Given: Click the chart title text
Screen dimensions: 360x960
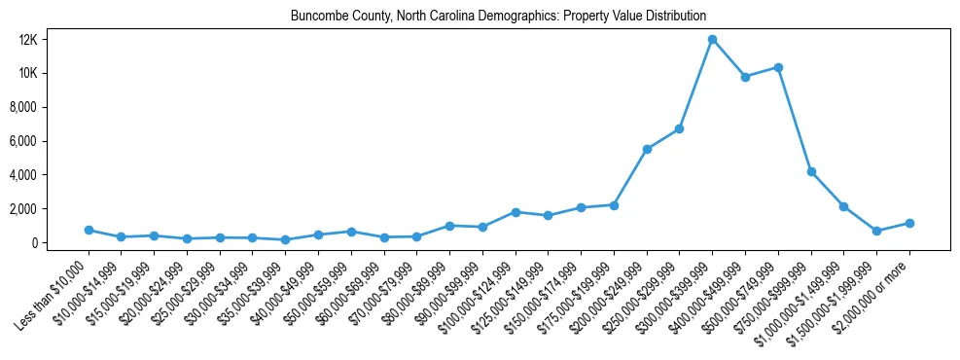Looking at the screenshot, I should (498, 17).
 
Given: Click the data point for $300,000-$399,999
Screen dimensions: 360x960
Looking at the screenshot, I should (712, 40).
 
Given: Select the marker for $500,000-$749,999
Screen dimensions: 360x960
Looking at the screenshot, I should (778, 67).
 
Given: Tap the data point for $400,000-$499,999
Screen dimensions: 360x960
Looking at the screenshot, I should (745, 77).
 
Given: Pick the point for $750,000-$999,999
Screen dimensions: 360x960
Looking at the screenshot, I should (811, 171).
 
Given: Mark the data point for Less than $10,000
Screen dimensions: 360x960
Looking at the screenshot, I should (89, 231).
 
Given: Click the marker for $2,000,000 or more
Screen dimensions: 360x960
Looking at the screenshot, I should (909, 223).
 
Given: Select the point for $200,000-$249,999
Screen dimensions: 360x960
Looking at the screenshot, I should (647, 149).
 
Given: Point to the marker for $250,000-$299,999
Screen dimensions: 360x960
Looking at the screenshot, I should (680, 128).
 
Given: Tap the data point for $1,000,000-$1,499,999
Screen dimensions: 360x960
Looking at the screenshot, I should (844, 206).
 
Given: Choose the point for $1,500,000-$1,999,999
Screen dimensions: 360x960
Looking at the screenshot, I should (876, 231).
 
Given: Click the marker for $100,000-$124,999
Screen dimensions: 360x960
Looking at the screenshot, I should (516, 212).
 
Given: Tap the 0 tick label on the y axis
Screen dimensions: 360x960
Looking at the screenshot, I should (60, 243).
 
